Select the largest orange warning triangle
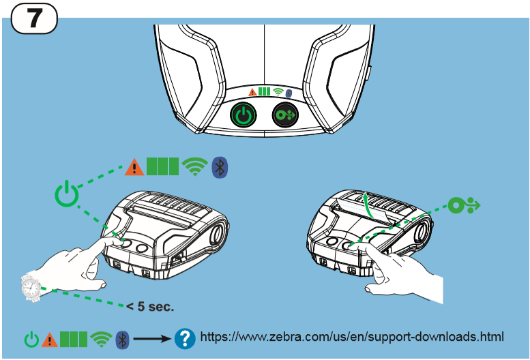(x=134, y=166)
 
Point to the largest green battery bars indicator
(x=162, y=166)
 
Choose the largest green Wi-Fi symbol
(x=194, y=166)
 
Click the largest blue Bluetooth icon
(x=220, y=166)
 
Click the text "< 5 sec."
(x=150, y=306)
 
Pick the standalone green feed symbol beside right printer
(x=464, y=205)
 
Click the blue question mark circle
(x=184, y=337)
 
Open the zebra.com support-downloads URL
(x=351, y=337)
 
